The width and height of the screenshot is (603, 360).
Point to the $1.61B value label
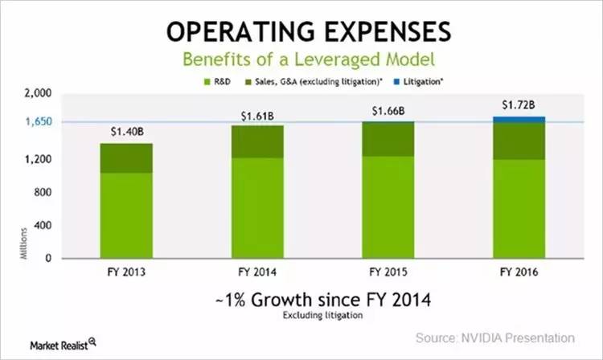coord(257,115)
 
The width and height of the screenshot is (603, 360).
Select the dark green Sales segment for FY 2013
coord(126,158)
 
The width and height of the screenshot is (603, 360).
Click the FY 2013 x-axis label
coord(126,272)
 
